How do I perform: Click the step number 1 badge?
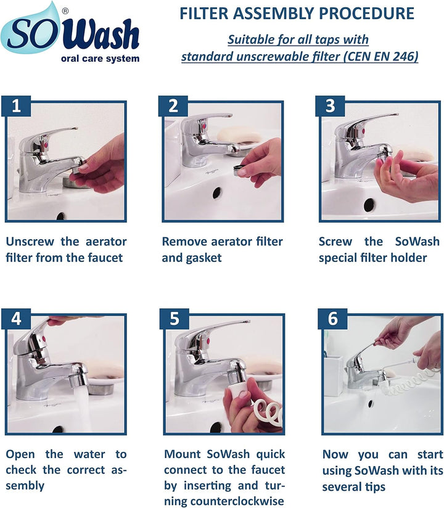pos(17,105)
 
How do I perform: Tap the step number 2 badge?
pos(173,105)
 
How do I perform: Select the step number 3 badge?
pos(331,105)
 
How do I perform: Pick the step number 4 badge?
pos(17,319)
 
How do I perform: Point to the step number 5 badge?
pos(174,319)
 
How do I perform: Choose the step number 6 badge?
pos(331,319)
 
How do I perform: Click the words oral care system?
pos(101,59)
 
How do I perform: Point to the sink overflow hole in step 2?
pos(216,193)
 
